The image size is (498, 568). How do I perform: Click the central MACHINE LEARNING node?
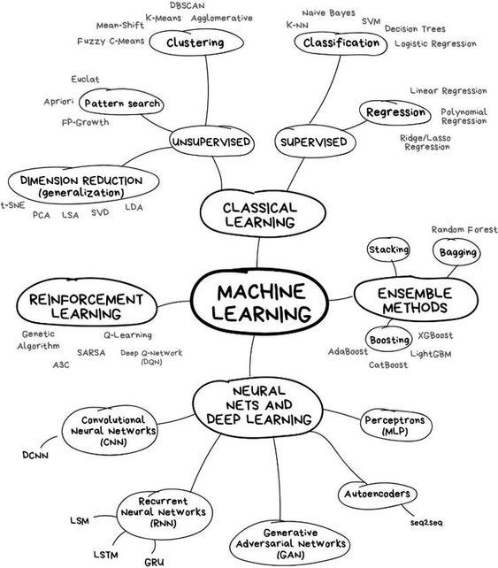coord(253,302)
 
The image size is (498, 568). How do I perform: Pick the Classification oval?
coord(341,42)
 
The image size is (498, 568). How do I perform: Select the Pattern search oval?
coord(123,104)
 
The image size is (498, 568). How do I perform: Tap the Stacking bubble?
coord(388,250)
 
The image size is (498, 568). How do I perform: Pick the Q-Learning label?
coord(127,335)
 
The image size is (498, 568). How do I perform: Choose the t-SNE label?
coord(12,204)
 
